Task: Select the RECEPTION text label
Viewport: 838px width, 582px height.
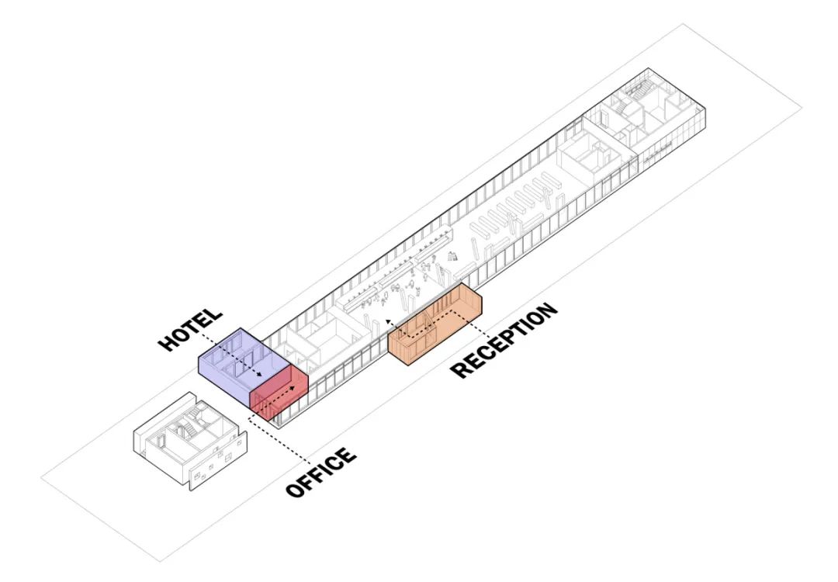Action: click(504, 340)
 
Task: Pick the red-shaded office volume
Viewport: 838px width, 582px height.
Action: click(278, 394)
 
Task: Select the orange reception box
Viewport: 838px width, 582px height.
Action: click(435, 324)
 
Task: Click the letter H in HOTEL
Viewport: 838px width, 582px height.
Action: click(166, 344)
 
